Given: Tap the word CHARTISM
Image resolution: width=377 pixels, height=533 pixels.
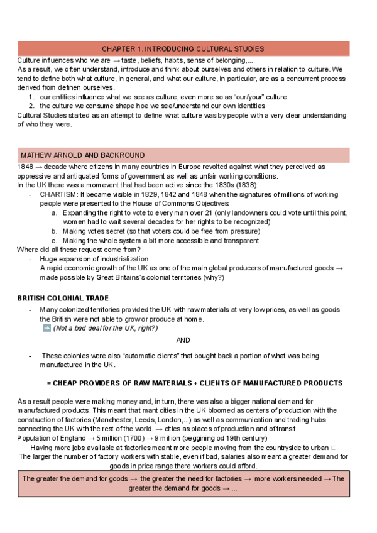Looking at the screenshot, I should (x=59, y=195).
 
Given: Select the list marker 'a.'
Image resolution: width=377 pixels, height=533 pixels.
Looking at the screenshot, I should (x=55, y=213).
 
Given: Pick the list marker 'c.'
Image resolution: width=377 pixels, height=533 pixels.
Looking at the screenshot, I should (x=55, y=241).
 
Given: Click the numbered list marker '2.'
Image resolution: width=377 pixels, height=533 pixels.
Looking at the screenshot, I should (x=31, y=106).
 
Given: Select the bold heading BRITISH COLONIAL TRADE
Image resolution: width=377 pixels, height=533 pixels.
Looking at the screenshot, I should (x=63, y=298).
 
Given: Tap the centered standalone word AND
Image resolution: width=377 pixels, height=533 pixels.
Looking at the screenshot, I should (x=183, y=340).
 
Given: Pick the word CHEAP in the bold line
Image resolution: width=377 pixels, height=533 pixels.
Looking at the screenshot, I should (x=66, y=383).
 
